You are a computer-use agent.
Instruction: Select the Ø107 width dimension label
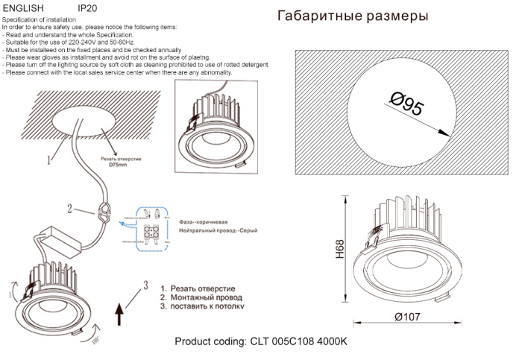[x=408, y=317]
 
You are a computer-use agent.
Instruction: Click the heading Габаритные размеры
[x=353, y=16]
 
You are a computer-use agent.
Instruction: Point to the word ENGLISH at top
[x=24, y=7]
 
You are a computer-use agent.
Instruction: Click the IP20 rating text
[x=87, y=7]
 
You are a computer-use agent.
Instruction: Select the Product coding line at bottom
[x=261, y=341]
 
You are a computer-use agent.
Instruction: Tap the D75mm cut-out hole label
[x=119, y=165]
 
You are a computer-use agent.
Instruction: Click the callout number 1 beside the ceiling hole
[x=49, y=159]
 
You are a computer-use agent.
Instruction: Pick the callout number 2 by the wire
[x=70, y=209]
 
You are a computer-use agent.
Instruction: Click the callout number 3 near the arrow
[x=146, y=285]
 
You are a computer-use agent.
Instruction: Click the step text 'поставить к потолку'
[x=202, y=306]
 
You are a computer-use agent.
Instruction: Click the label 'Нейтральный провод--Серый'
[x=218, y=232]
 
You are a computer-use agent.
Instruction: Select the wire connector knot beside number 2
[x=105, y=214]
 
